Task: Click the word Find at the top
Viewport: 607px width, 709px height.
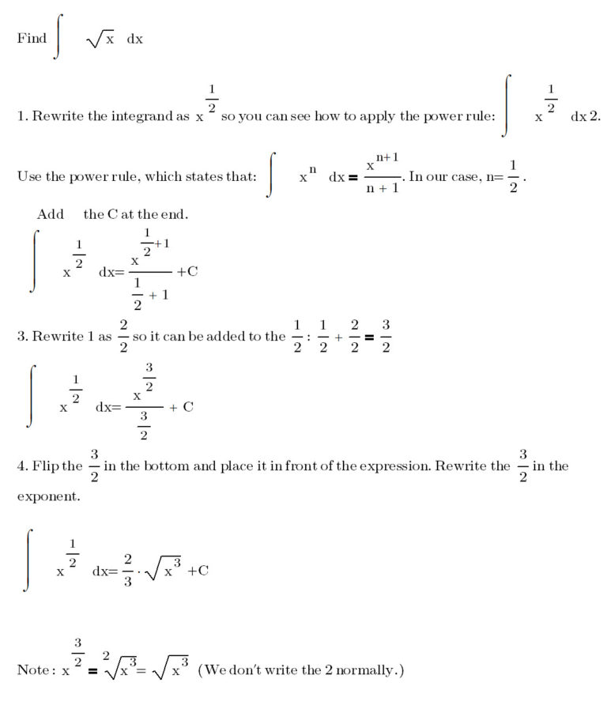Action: tap(32, 38)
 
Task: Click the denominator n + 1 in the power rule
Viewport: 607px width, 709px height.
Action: tap(382, 189)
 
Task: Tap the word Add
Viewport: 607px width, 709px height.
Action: tap(50, 214)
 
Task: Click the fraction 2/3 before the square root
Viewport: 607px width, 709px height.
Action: tap(128, 570)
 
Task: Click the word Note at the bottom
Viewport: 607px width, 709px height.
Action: tap(33, 669)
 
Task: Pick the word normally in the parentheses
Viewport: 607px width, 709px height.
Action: tap(371, 669)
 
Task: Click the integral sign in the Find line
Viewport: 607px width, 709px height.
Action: tap(56, 38)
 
